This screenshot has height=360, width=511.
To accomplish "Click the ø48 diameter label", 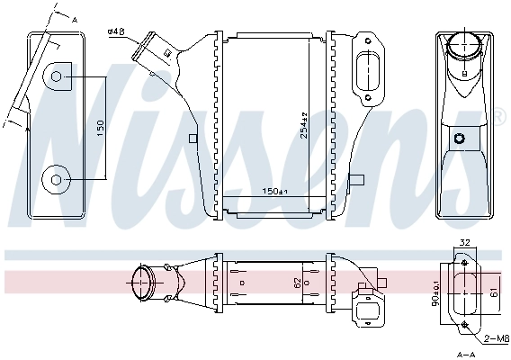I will [115, 32].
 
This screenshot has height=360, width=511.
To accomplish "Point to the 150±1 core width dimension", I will [274, 191].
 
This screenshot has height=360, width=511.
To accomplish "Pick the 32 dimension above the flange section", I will [464, 241].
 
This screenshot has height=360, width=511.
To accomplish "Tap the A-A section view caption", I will [465, 354].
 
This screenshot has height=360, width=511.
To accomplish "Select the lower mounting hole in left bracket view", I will [57, 180].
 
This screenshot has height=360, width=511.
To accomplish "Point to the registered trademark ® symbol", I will [498, 115].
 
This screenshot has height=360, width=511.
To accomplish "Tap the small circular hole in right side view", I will [461, 139].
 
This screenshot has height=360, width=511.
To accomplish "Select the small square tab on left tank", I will [193, 138].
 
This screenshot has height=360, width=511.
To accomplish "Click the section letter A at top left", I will [74, 19].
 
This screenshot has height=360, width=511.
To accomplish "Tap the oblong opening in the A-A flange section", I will [465, 292].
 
